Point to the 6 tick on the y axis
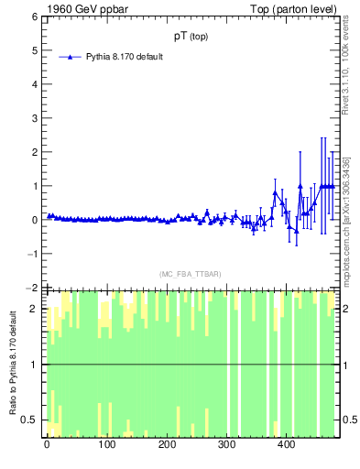tap(36, 16)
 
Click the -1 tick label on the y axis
tap(34, 254)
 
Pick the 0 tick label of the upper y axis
tap(36, 220)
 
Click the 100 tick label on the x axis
tap(106, 445)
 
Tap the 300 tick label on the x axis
tap(226, 445)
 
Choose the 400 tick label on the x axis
tap(287, 445)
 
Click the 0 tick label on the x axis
tap(47, 445)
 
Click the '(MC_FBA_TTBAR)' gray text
tap(190, 274)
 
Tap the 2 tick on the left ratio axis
tap(36, 309)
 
